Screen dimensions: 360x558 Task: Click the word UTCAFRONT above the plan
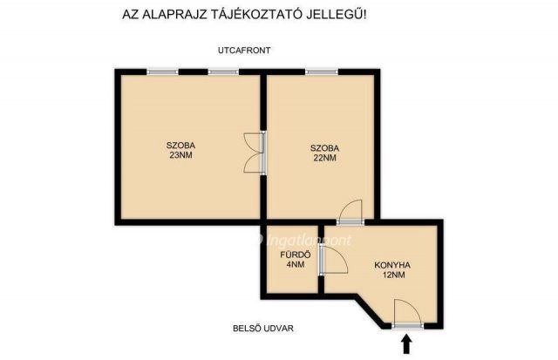[x=244, y=51]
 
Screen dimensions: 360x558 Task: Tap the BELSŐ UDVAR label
[x=263, y=329]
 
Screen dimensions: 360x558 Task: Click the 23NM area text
[x=181, y=156]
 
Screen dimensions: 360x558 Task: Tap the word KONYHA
[x=392, y=264]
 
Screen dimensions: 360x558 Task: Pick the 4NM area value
[x=291, y=266]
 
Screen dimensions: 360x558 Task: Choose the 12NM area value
[x=392, y=275]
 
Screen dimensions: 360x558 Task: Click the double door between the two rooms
[x=256, y=153]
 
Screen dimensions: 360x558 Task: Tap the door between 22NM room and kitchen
[x=350, y=213]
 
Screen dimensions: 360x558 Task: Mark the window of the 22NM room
[x=320, y=71]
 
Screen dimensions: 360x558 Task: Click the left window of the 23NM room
[x=162, y=71]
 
